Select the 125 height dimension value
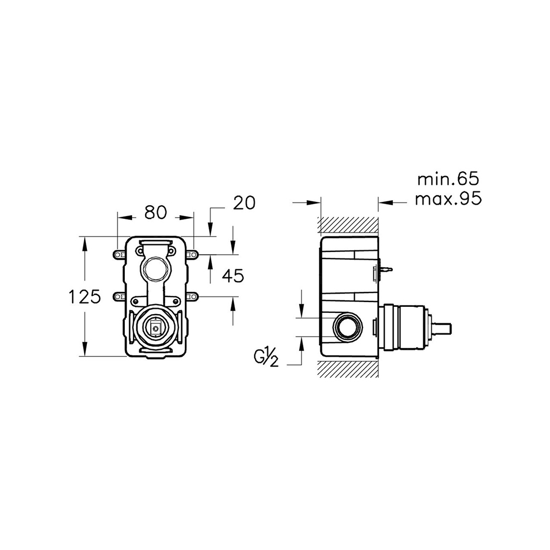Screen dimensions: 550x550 pos(85,298)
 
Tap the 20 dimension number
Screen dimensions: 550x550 pos(244,203)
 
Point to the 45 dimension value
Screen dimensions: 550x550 pos(233,276)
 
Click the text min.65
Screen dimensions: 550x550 pos(448,179)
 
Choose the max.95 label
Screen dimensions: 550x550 pos(448,199)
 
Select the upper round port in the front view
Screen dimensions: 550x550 pos(155,269)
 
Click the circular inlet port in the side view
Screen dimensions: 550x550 pos(347,327)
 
